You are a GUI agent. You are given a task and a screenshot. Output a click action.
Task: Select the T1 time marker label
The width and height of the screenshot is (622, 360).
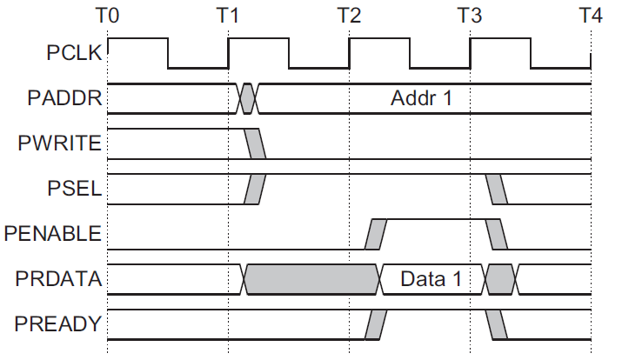click(x=228, y=15)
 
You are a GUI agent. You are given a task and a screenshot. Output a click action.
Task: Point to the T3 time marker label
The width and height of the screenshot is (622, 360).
click(x=470, y=15)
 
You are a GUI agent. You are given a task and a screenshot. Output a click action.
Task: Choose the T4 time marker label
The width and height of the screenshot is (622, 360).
click(x=591, y=15)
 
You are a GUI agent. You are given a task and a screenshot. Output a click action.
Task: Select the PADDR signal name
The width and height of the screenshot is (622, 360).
click(x=69, y=98)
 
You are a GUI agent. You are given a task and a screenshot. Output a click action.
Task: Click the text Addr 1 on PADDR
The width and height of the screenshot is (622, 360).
click(x=422, y=97)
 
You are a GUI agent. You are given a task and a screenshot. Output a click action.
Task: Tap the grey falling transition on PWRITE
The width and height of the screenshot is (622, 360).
click(x=256, y=143)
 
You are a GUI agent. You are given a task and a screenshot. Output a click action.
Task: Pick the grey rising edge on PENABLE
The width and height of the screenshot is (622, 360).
click(x=376, y=234)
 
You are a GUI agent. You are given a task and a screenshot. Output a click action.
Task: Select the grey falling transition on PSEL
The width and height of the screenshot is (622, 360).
click(x=496, y=189)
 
